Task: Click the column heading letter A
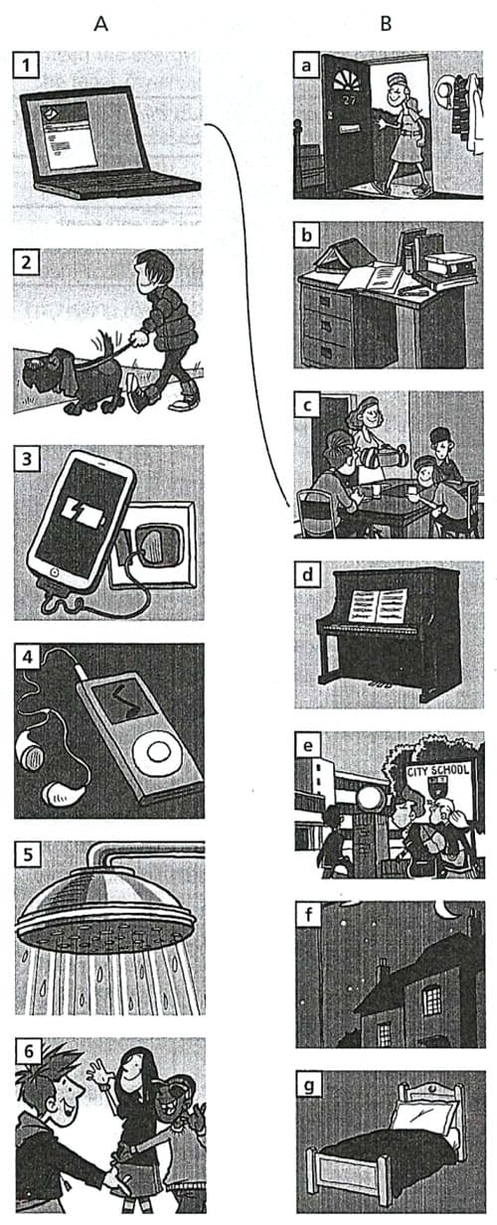point(100,24)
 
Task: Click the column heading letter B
point(386,24)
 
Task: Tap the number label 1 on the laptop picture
point(26,66)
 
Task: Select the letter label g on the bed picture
point(309,1085)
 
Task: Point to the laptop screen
point(87,133)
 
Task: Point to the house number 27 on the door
point(348,100)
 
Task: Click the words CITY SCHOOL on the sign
point(438,770)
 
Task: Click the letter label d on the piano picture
point(308,575)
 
